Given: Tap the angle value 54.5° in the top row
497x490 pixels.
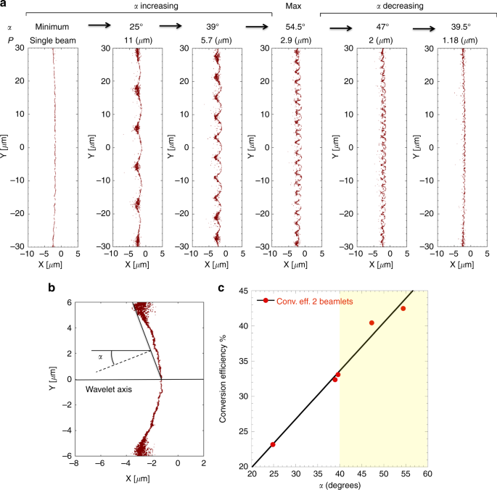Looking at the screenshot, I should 295,25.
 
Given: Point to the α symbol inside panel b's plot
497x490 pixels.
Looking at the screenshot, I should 100,356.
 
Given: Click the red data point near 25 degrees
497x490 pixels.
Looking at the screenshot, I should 273,444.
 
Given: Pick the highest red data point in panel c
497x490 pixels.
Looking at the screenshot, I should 403,308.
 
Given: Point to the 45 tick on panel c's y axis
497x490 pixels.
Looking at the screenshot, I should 242,291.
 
